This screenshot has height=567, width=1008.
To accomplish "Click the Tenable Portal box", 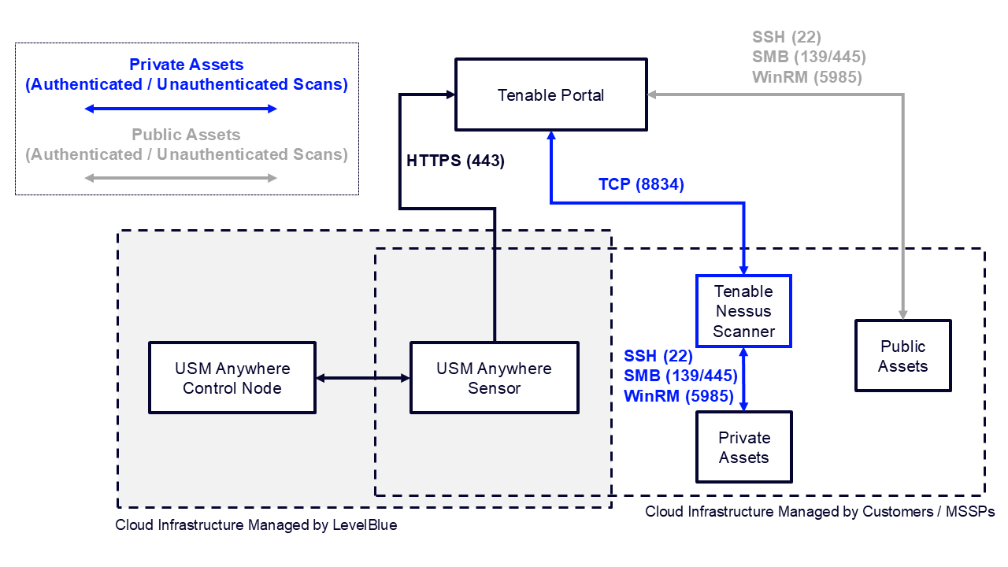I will pyautogui.click(x=550, y=94).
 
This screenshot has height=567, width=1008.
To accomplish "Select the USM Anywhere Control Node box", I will pyautogui.click(x=232, y=378).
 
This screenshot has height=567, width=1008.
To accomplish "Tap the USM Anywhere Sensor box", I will pyautogui.click(x=494, y=378).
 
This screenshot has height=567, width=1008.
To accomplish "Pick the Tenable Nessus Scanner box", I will pyautogui.click(x=743, y=311).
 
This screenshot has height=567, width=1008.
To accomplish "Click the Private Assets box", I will pyautogui.click(x=743, y=447).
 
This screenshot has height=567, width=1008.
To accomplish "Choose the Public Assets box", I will pyautogui.click(x=902, y=356).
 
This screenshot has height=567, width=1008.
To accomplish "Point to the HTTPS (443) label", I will pyautogui.click(x=455, y=161).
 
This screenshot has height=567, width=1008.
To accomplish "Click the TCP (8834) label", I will pyautogui.click(x=641, y=185).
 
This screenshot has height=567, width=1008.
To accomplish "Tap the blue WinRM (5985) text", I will pyautogui.click(x=680, y=396).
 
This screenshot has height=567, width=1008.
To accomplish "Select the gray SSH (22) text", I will pyautogui.click(x=786, y=37).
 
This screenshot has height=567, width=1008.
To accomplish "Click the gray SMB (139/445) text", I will pyautogui.click(x=809, y=57).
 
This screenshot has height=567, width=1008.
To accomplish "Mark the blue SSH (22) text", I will pyautogui.click(x=658, y=356).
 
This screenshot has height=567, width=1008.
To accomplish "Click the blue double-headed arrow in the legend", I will pyautogui.click(x=180, y=108).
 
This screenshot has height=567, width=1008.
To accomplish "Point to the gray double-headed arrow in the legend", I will pyautogui.click(x=180, y=178).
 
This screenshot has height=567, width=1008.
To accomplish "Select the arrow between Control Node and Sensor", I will pyautogui.click(x=362, y=379).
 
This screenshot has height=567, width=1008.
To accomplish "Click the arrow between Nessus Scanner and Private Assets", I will pyautogui.click(x=743, y=379).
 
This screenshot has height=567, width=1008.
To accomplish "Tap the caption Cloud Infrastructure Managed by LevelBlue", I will pyautogui.click(x=256, y=525).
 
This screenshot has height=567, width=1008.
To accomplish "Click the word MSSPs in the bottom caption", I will pyautogui.click(x=969, y=512).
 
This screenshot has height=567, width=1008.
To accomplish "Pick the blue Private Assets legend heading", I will pyautogui.click(x=187, y=65).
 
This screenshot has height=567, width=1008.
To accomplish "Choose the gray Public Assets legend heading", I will pyautogui.click(x=186, y=135).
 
